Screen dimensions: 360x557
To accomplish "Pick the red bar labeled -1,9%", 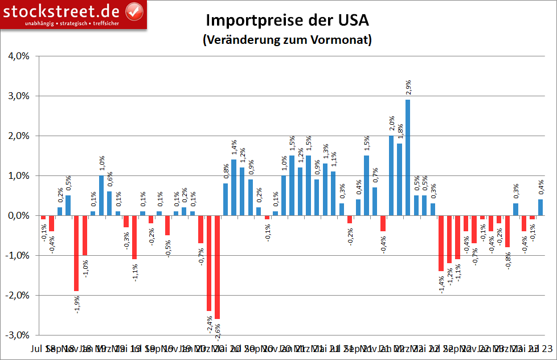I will click(x=76, y=253).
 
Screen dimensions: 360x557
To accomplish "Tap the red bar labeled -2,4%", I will click(x=209, y=263).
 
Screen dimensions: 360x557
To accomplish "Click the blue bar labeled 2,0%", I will click(x=391, y=175).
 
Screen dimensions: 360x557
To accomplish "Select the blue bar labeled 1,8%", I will click(x=399, y=179).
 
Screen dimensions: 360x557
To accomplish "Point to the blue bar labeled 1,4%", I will click(x=234, y=187).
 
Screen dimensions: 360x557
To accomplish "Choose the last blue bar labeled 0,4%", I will click(x=540, y=207).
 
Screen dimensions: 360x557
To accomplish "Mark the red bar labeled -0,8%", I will click(x=507, y=231).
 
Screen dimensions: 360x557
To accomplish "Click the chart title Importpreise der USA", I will click(x=288, y=21).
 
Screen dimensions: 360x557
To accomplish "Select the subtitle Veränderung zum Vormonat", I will click(x=288, y=40).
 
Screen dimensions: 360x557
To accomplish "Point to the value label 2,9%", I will click(x=408, y=87).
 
